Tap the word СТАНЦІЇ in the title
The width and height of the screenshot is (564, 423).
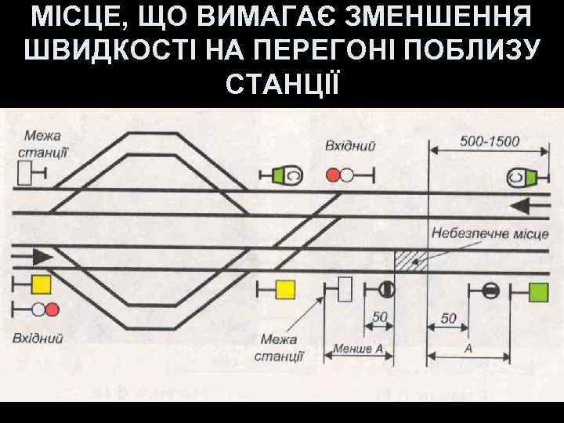[282, 82]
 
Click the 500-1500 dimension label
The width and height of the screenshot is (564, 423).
[489, 142]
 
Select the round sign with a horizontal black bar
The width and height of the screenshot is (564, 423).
[490, 291]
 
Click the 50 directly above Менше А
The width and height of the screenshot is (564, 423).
[381, 317]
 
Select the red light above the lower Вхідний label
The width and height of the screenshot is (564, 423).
[52, 309]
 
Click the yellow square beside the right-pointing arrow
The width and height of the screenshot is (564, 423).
[41, 284]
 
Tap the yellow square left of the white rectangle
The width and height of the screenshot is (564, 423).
[284, 290]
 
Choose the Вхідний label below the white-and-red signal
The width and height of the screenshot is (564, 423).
[38, 338]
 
